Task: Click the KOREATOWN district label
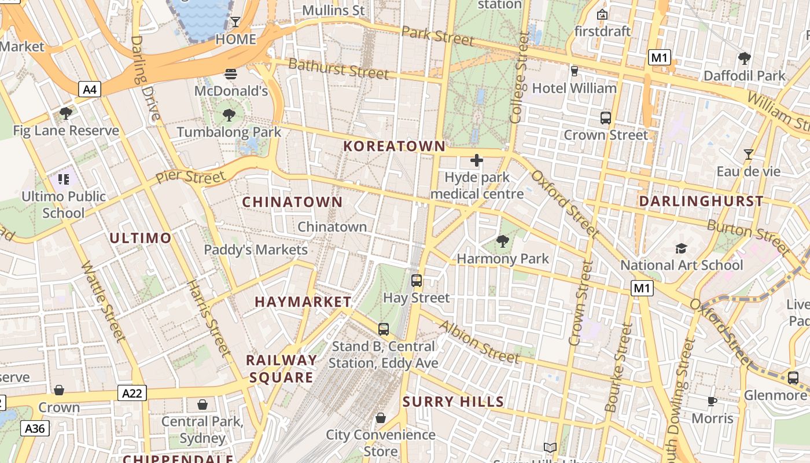395,146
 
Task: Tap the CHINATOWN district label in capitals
292,202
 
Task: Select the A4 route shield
90,89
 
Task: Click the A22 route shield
132,394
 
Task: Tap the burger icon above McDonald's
230,74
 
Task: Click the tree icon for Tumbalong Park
229,115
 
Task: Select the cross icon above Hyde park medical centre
477,160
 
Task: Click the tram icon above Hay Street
417,281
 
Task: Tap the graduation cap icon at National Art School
682,248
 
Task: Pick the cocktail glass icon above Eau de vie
748,155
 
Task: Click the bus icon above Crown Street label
606,118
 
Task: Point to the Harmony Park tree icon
502,241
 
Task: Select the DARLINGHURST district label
701,201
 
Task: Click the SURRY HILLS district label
453,402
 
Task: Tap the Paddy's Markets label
256,250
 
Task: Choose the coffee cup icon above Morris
712,401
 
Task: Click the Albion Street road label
479,342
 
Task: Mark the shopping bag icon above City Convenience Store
381,418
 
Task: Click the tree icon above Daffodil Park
744,58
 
